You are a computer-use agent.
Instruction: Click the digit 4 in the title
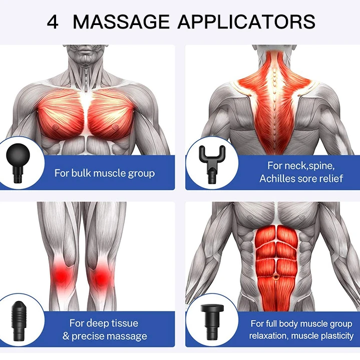(x=53, y=22)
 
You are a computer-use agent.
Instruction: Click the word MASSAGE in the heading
(x=121, y=22)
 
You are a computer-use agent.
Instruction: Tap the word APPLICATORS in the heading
(x=246, y=22)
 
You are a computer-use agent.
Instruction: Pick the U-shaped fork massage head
(x=212, y=164)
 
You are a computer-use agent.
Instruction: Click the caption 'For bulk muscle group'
(x=105, y=173)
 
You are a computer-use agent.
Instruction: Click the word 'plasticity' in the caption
(x=337, y=336)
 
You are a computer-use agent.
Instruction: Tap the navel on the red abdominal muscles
(x=276, y=276)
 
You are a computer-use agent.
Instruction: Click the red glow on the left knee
(x=62, y=275)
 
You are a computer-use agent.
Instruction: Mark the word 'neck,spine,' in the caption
(x=309, y=166)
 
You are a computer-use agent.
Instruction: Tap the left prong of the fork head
(x=202, y=153)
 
